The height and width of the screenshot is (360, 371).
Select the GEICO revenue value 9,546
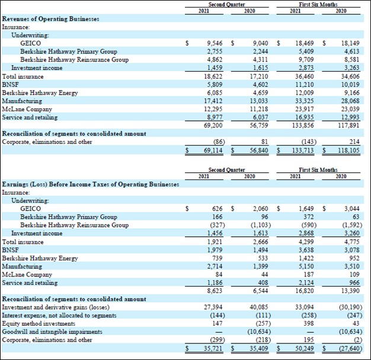point(217,43)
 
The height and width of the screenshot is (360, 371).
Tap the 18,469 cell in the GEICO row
point(305,43)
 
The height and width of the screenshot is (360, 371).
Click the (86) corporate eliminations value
point(219,142)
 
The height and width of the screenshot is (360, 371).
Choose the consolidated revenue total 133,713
point(303,151)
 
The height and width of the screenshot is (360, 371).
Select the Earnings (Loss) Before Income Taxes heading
point(91,184)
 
